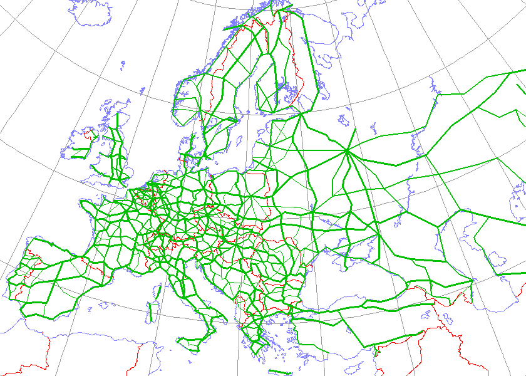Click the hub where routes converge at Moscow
click(346, 150)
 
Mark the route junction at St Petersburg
click(301, 113)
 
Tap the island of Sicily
click(188, 342)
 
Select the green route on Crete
click(276, 372)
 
